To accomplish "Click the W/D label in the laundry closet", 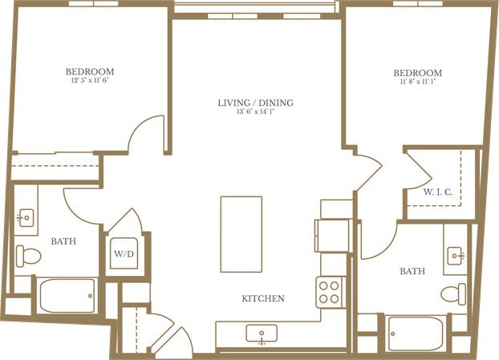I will coord(123,254).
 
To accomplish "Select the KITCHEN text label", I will coord(263,299).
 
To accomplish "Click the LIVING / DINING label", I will coord(255,103).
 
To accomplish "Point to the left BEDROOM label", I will coord(90,71).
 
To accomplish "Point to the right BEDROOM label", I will coord(418,73).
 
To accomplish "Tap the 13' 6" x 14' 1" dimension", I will coord(255,113).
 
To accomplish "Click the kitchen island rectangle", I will coord(241,234).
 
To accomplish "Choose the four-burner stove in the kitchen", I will coord(330,290).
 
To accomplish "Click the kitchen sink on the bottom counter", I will coord(262,333).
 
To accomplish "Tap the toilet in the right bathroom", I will coord(455,291).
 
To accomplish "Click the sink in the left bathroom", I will coord(24,217).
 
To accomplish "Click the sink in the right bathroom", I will coord(456,256).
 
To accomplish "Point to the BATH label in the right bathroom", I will coord(412,271).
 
